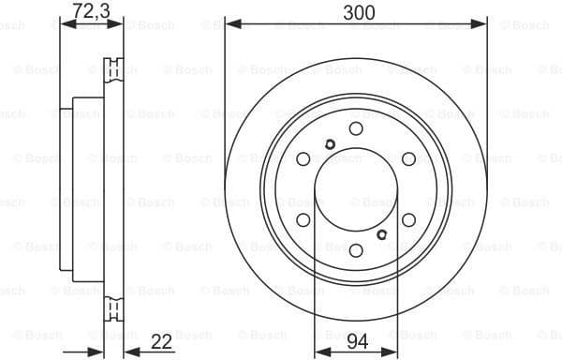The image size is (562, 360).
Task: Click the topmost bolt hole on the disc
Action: pyautogui.click(x=356, y=128)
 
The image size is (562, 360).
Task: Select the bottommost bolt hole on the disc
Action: pyautogui.click(x=356, y=249)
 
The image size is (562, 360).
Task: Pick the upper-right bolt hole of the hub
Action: pyautogui.click(x=408, y=159)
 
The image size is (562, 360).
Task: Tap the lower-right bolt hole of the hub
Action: pyautogui.click(x=408, y=219)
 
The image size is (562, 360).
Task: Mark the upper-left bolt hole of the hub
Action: pyautogui.click(x=303, y=159)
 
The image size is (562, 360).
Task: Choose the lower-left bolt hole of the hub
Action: pyautogui.click(x=303, y=219)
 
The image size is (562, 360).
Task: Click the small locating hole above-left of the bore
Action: pyautogui.click(x=330, y=143)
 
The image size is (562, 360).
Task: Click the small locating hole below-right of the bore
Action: pyautogui.click(x=382, y=234)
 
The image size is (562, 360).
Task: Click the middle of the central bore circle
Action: pyautogui.click(x=356, y=189)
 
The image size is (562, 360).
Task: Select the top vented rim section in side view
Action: pyautogui.click(x=116, y=69)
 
